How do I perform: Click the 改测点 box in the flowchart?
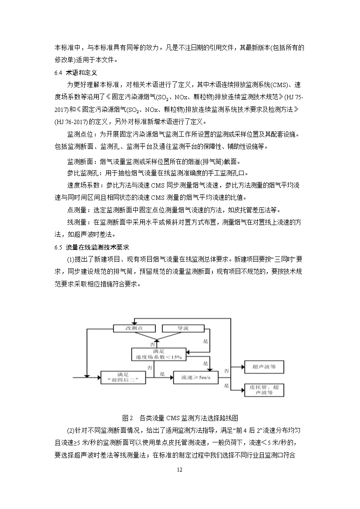click(x=134, y=328)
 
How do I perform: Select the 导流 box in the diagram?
click(x=183, y=328)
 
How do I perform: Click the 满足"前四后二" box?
click(x=122, y=377)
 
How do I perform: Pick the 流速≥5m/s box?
click(x=196, y=378)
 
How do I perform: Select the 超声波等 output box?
click(x=264, y=367)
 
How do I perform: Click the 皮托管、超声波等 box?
click(x=264, y=389)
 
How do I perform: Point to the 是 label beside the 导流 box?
click(x=206, y=341)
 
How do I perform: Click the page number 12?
click(x=180, y=470)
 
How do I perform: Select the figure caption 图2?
click(x=128, y=418)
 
